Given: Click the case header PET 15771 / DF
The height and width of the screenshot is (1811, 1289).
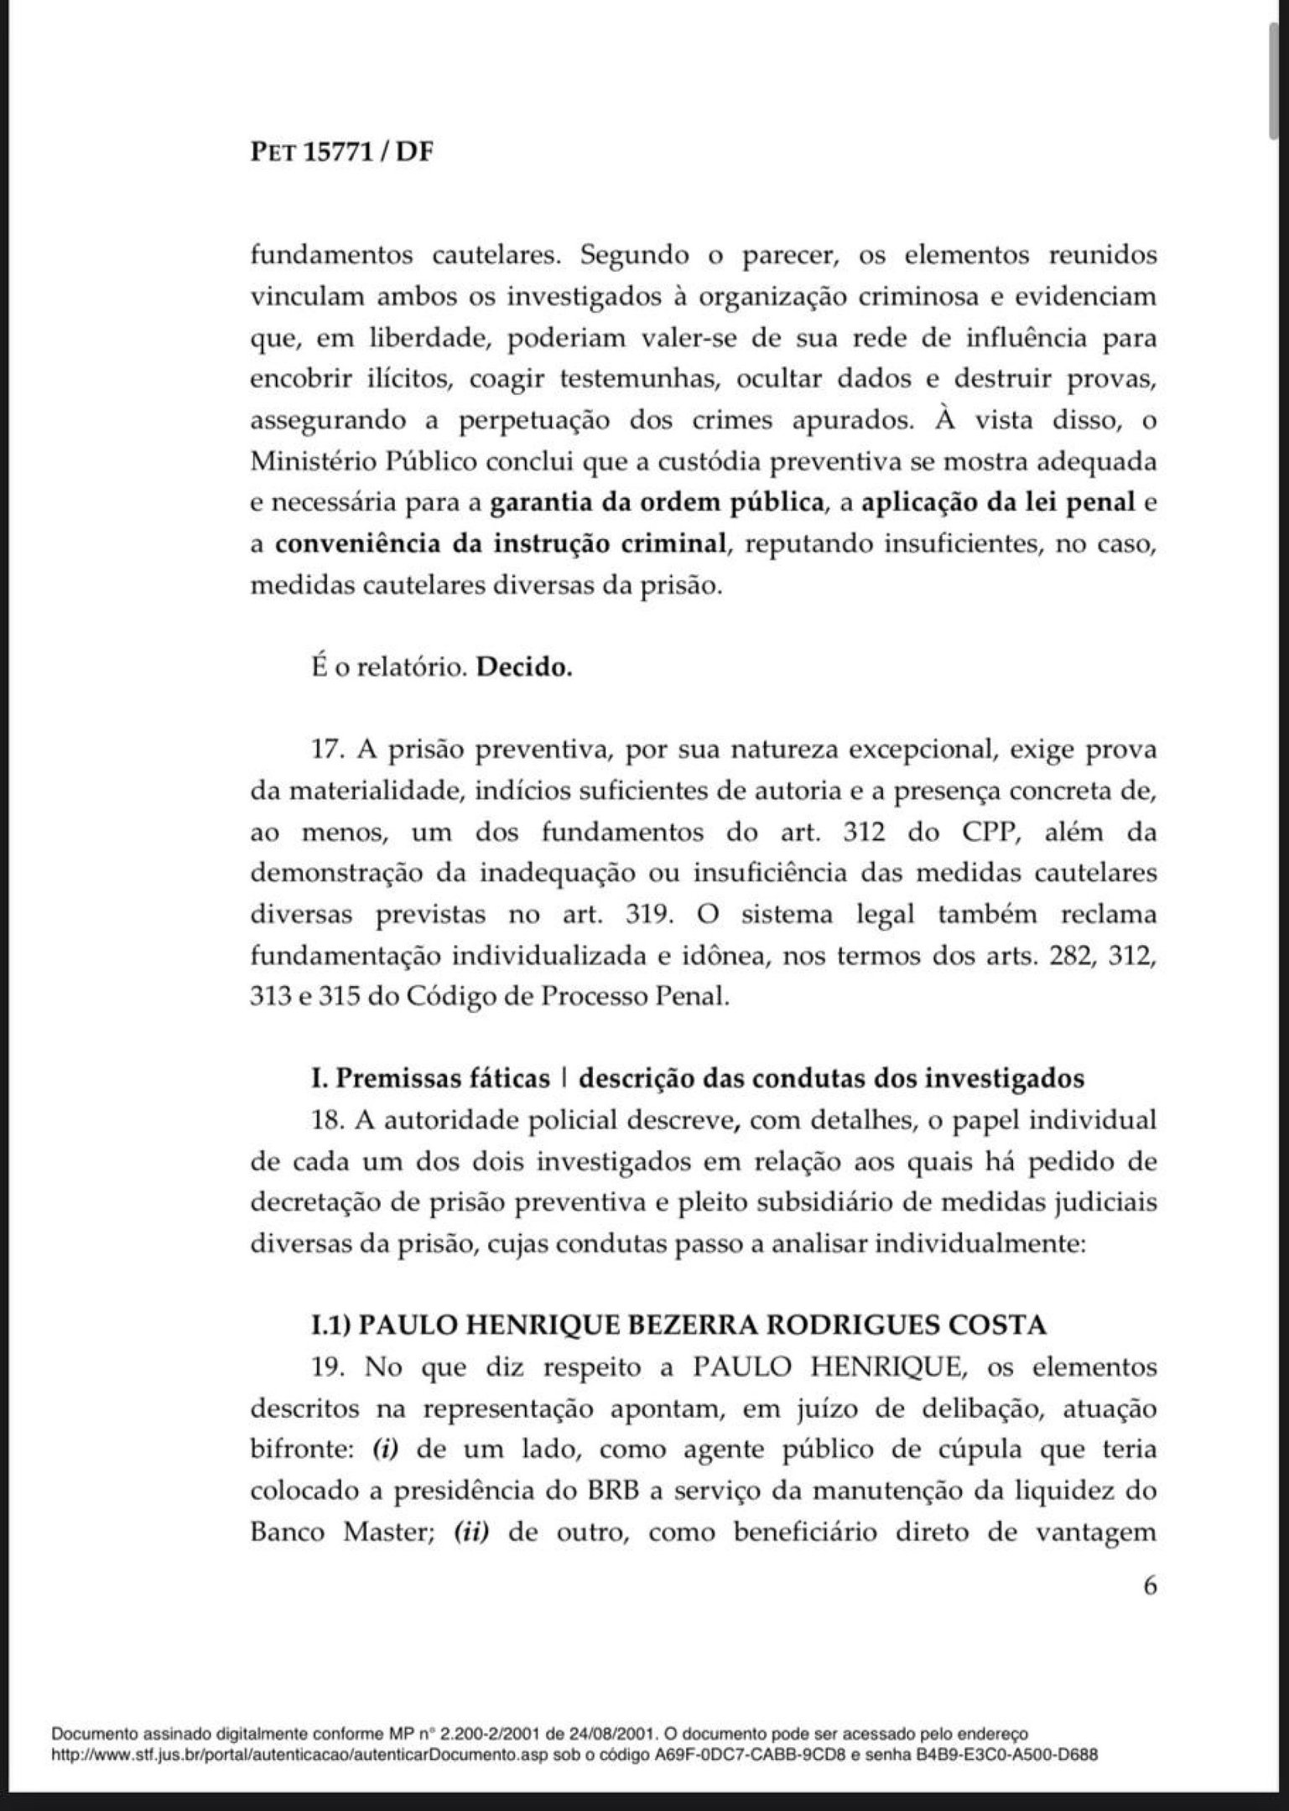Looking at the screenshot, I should click(x=341, y=153).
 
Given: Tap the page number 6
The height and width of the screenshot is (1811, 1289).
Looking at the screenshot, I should click(x=1149, y=1586).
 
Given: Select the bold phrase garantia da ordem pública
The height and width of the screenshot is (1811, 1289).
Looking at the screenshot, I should click(x=655, y=503).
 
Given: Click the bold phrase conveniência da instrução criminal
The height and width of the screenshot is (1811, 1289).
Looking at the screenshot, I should click(x=500, y=544).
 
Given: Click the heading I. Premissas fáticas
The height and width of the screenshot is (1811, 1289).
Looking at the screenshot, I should click(x=430, y=1078).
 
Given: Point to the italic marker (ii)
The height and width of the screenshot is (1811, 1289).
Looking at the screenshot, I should click(x=470, y=1533).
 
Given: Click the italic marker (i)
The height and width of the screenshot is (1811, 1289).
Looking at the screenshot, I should click(x=383, y=1450).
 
